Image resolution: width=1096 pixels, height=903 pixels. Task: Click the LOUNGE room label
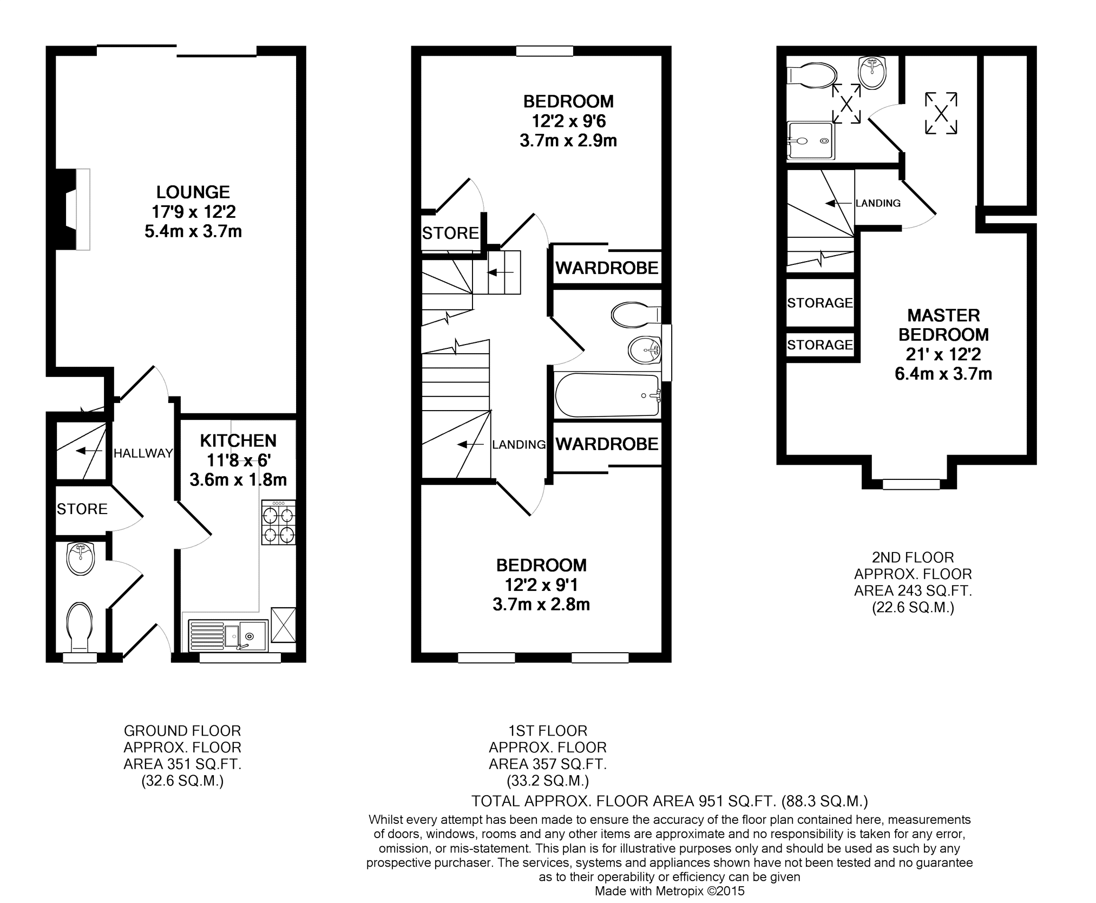tap(193, 192)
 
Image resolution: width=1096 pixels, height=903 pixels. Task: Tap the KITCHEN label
tap(238, 440)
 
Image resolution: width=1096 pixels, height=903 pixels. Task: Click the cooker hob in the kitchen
tap(279, 522)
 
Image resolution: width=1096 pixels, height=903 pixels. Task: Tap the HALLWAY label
tap(143, 453)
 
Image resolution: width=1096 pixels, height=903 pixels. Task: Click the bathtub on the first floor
tap(607, 395)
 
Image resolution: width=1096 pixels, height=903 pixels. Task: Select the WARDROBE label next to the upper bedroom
tap(607, 268)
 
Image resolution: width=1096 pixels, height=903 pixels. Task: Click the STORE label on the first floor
tap(450, 233)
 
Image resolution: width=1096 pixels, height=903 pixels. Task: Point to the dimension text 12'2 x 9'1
tap(541, 585)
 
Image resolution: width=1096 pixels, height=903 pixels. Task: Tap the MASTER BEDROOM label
tap(943, 324)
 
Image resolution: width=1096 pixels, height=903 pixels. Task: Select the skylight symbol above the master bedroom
tap(941, 113)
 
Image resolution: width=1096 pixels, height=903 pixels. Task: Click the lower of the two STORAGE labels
tap(819, 345)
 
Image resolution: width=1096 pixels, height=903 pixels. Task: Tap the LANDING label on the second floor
tap(878, 203)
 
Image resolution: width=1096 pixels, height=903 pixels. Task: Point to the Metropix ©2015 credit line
tap(670, 891)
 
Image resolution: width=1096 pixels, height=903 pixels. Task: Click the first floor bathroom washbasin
tap(644, 350)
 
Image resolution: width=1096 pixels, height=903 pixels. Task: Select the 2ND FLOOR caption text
tap(913, 557)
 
